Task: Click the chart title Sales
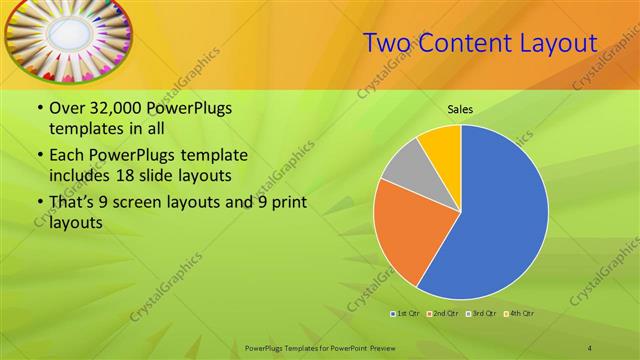(460, 109)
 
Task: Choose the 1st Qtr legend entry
(404, 314)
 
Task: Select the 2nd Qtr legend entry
(444, 314)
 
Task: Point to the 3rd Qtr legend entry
(483, 314)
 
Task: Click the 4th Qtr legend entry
(522, 314)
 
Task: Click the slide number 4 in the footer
(590, 347)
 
